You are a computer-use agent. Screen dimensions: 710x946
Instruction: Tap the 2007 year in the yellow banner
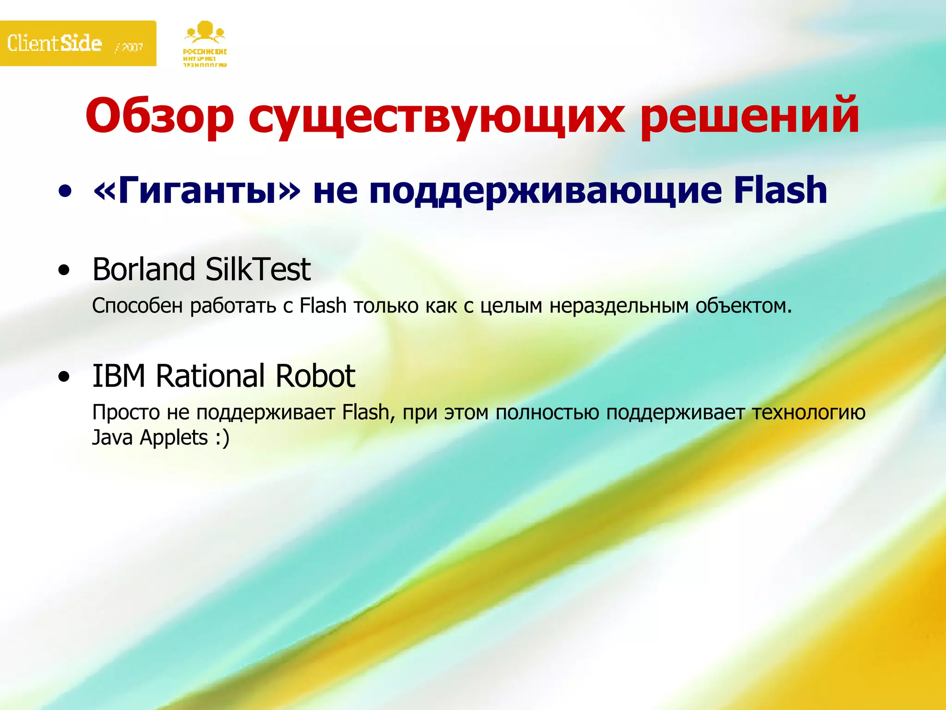point(130,47)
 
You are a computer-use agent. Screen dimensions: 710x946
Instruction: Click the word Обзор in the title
point(160,116)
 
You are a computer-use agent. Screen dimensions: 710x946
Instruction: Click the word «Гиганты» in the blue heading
point(197,190)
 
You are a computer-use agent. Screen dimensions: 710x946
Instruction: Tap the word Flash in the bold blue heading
point(780,190)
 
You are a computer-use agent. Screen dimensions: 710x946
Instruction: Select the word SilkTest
point(258,269)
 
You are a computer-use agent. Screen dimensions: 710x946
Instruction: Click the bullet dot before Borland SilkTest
point(65,270)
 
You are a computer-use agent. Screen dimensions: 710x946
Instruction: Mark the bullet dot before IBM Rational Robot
point(65,376)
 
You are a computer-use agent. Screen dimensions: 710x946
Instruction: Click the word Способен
point(137,306)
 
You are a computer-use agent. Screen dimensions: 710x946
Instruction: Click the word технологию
point(808,413)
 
